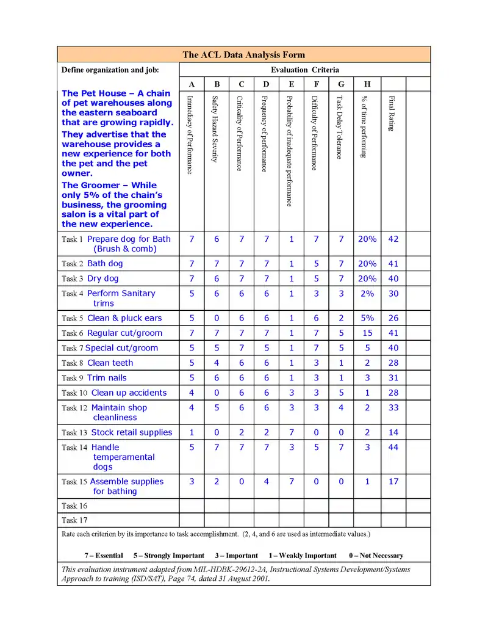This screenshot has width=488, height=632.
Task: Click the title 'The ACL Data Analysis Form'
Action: click(x=243, y=54)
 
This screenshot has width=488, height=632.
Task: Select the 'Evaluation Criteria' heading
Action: click(x=305, y=70)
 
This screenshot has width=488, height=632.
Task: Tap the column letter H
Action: click(x=367, y=84)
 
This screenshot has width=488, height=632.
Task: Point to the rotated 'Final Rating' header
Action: click(x=392, y=113)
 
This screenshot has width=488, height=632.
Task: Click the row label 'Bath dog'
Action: click(x=105, y=264)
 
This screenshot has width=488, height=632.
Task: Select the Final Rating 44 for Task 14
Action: click(x=393, y=448)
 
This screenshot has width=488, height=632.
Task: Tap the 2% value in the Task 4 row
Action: click(x=367, y=294)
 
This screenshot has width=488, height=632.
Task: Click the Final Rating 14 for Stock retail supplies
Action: click(x=393, y=432)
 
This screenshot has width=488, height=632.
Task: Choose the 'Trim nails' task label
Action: click(x=107, y=378)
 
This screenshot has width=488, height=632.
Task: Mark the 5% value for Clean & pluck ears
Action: click(x=367, y=318)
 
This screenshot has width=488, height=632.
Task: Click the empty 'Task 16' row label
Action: click(x=74, y=506)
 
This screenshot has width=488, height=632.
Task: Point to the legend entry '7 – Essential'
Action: click(x=103, y=556)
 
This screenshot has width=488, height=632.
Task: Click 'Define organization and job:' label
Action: click(x=110, y=70)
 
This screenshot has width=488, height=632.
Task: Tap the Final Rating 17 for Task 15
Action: click(x=393, y=482)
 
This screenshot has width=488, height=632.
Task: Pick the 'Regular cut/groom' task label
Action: click(x=124, y=333)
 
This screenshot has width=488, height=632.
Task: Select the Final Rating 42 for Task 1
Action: click(x=393, y=239)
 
